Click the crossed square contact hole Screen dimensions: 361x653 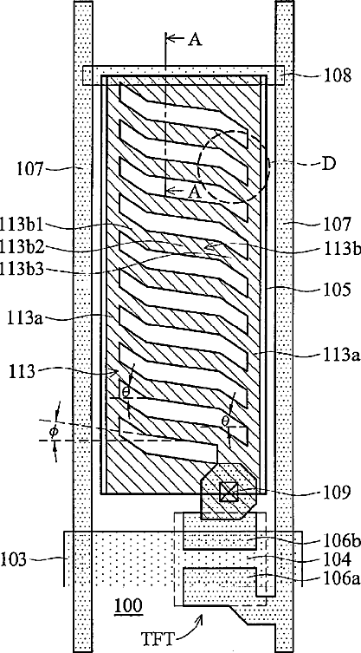pyautogui.click(x=229, y=492)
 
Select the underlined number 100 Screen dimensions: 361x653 pyautogui.click(x=127, y=604)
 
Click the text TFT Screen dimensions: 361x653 pyautogui.click(x=158, y=637)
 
